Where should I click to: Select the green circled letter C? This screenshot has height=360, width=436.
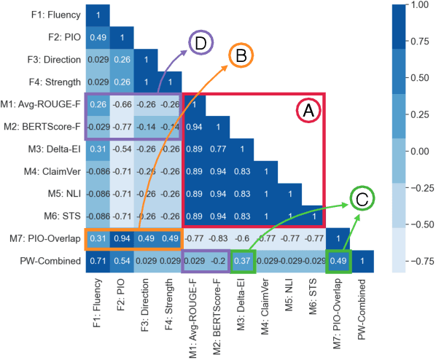tap(363, 199)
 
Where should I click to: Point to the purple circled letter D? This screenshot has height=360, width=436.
tap(198, 43)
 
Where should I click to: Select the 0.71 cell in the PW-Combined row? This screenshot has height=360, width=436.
tap(97, 259)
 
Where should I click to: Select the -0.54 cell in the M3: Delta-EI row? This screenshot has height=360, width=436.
tap(121, 149)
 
